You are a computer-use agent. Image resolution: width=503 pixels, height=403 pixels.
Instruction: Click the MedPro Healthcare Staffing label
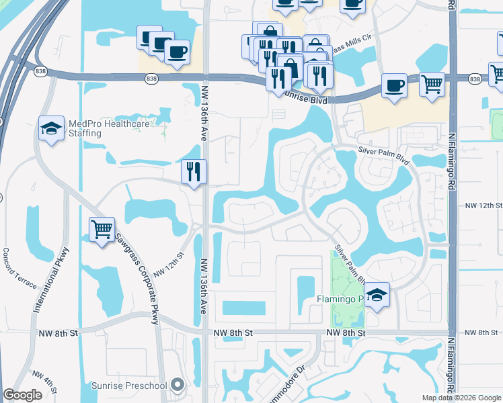(x=84, y=128)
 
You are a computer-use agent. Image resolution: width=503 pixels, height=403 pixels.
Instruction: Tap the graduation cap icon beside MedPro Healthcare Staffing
(x=51, y=128)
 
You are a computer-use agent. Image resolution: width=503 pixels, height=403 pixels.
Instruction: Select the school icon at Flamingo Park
(x=377, y=295)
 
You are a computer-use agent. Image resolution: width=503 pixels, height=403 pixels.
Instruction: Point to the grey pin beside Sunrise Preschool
(x=178, y=385)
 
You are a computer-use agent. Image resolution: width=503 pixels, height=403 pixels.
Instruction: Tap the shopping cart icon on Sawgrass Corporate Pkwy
(x=102, y=230)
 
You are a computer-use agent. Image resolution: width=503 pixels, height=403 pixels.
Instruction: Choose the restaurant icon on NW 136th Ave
(x=193, y=172)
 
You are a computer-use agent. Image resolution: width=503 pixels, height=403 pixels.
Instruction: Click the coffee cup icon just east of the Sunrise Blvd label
(x=394, y=86)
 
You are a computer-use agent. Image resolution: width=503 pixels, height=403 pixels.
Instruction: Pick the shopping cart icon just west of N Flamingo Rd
(x=432, y=85)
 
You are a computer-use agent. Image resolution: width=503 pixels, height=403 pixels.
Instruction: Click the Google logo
(x=22, y=395)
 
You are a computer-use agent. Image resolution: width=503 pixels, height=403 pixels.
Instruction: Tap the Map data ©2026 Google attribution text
(x=461, y=398)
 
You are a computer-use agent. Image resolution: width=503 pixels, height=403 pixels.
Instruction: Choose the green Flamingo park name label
(x=340, y=298)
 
